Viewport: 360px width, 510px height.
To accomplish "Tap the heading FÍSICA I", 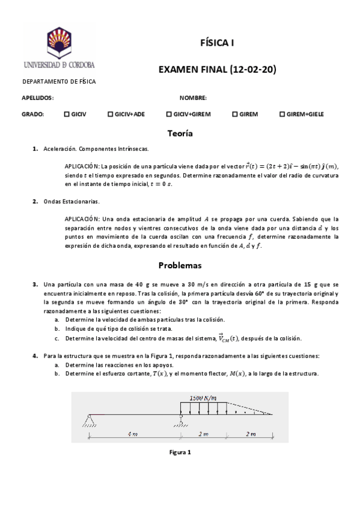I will click(217, 43).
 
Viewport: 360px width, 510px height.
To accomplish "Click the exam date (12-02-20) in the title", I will click(252, 69).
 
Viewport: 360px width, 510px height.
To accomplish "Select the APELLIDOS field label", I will click(38, 97).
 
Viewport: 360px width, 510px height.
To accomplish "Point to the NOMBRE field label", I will click(193, 97).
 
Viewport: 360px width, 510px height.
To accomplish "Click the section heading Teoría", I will click(180, 133).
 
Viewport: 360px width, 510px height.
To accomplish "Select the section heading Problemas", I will click(180, 265).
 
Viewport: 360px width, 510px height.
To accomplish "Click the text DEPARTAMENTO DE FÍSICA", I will click(59, 82).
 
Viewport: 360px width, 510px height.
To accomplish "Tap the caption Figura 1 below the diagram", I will click(180, 452).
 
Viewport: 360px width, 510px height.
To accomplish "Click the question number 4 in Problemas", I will click(35, 356).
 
